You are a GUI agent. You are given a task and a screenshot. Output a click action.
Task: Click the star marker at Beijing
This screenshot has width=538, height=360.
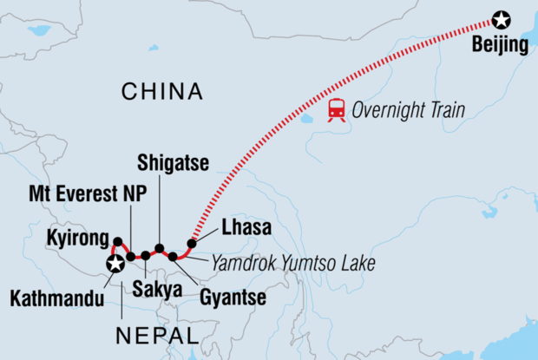(501, 18)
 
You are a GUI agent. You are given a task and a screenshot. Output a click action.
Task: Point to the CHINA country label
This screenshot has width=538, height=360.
(162, 91)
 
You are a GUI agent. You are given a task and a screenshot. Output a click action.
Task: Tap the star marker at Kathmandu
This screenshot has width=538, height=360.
(113, 265)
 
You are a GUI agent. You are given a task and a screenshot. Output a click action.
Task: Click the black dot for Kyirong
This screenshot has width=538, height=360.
(117, 241)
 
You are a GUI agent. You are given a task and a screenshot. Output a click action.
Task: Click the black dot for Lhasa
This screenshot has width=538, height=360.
(192, 243)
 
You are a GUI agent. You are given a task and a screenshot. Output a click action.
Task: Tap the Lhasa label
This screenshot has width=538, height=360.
(246, 228)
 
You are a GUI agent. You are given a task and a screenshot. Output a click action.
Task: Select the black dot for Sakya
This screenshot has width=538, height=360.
(145, 256)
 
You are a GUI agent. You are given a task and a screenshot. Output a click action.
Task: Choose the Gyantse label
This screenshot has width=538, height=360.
(232, 298)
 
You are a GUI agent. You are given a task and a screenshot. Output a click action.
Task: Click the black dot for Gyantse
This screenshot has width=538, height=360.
(174, 257)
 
